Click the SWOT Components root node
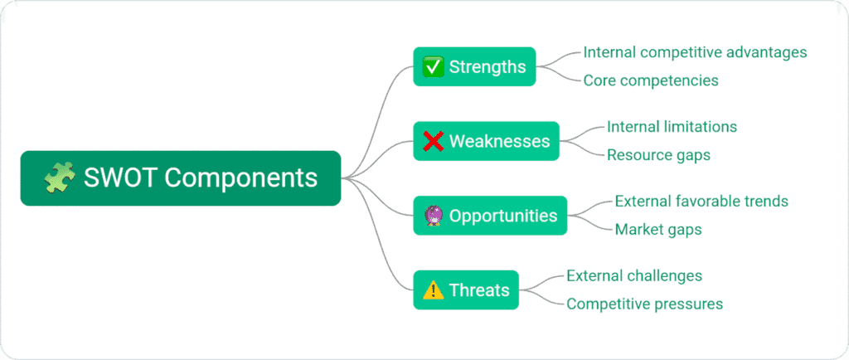pos(180,178)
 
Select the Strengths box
pos(474,66)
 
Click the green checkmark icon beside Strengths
pos(433,66)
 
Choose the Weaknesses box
pos(486,141)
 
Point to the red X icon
pos(433,141)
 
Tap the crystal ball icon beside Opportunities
pos(433,216)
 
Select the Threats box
pos(466,290)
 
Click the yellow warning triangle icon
pos(433,290)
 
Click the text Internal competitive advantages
pos(695,52)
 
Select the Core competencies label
pos(651,80)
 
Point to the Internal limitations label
pos(672,127)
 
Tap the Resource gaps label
pos(658,155)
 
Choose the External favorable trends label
pos(701,202)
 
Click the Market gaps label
pos(658,230)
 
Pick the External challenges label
pos(634,276)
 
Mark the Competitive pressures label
pos(644,304)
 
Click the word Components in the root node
pos(240,178)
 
